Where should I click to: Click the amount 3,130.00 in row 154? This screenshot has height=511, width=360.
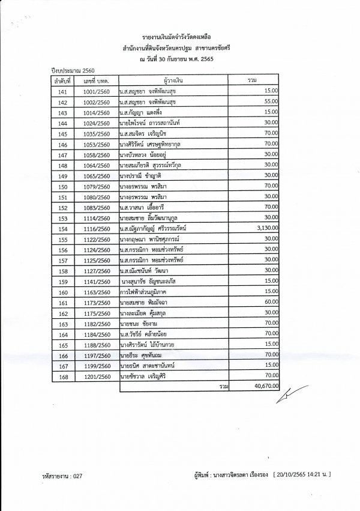(265, 228)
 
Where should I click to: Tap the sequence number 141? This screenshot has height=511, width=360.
(62, 91)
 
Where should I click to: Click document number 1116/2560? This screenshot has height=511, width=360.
(97, 229)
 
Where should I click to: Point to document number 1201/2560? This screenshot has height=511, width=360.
(97, 376)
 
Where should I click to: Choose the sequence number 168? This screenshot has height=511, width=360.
(62, 376)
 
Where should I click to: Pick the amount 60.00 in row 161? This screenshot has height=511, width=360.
(271, 302)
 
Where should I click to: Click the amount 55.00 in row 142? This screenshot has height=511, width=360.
(271, 101)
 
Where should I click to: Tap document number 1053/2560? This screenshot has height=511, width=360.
(97, 144)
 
